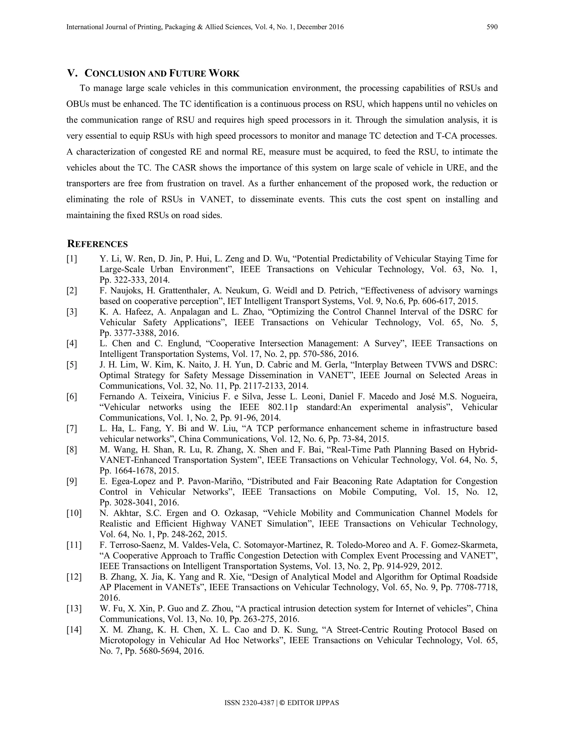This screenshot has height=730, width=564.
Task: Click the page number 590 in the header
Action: point(492,27)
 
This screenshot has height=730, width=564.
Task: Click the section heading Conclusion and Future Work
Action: point(162,73)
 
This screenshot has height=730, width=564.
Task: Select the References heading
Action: point(97,244)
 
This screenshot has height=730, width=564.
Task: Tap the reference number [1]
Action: point(72,259)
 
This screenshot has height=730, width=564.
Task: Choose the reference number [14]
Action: point(74,630)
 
